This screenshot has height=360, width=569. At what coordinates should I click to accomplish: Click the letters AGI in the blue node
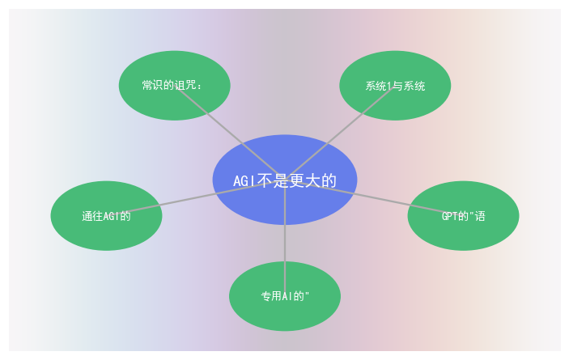(244, 181)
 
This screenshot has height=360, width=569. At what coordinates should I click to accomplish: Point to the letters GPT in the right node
(449, 216)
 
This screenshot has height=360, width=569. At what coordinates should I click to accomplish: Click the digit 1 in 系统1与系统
(389, 86)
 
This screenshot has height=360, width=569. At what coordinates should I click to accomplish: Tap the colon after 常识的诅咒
(198, 87)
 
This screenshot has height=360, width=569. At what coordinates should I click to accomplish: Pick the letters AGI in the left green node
(108, 216)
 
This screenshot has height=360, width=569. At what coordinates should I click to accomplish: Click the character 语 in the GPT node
(480, 216)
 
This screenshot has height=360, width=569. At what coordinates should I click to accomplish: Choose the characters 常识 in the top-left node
(152, 85)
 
